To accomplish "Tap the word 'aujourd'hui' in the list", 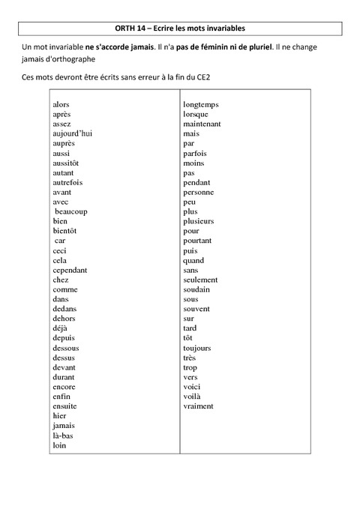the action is [73, 133].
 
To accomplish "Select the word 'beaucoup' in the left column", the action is [71, 211].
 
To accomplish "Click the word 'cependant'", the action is [70, 270].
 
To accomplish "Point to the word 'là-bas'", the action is [63, 436].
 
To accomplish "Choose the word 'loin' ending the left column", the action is [60, 445].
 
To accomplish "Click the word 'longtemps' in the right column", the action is [201, 104].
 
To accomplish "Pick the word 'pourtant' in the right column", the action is [198, 241].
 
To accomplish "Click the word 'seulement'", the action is [200, 280].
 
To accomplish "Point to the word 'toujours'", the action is [197, 348].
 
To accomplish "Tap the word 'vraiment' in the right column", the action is [198, 406].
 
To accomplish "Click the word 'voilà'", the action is [192, 397].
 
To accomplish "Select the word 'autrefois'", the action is [67, 182].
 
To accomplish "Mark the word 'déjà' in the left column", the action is [60, 328].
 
